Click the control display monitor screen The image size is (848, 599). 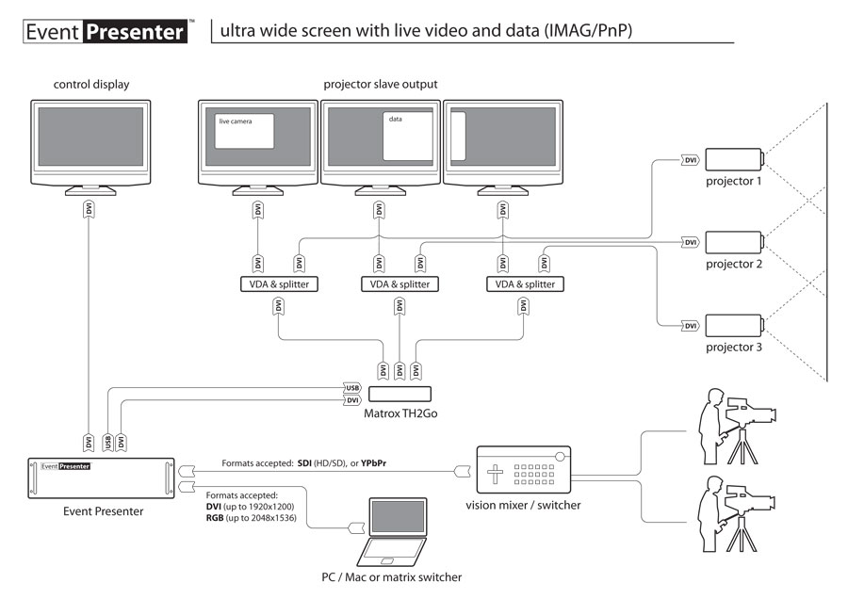91,140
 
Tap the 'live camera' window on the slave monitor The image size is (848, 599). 245,131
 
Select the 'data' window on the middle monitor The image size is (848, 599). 407,136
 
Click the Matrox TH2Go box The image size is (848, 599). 400,396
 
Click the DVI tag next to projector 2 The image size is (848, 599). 692,242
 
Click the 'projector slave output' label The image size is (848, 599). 380,85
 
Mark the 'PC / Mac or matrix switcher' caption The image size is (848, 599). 391,577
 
